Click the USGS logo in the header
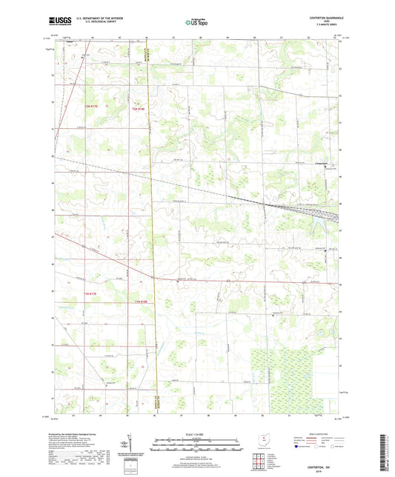point(60,22)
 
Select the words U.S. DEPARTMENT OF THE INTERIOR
point(107,19)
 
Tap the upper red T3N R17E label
point(90,109)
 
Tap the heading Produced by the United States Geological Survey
point(74,434)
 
